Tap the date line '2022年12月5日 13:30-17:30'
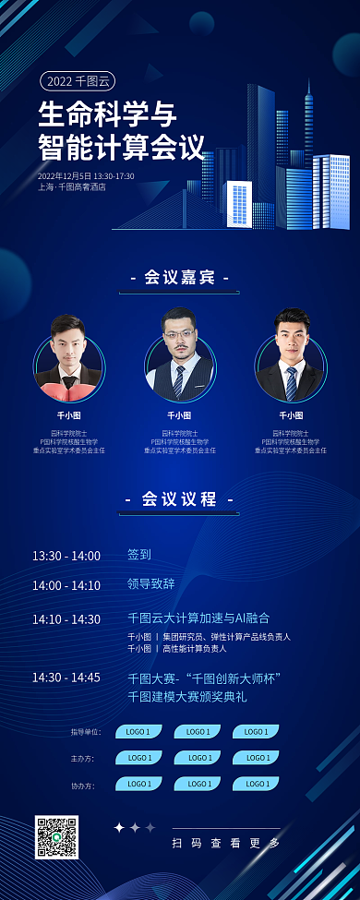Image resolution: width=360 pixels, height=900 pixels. point(86,175)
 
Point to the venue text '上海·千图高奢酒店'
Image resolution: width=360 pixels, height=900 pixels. point(72,187)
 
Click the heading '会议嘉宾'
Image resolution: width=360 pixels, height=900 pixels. point(179,276)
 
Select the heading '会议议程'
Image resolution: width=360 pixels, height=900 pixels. point(179,498)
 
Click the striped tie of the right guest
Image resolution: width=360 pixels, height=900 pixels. point(291,383)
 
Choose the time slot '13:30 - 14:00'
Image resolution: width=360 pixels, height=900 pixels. point(66,556)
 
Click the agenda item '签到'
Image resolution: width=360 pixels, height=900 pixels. point(139,555)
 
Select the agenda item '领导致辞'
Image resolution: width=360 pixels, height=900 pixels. point(150,584)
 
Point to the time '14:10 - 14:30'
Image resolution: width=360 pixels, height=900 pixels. point(66,619)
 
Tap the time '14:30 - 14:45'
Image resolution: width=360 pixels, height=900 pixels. point(66,678)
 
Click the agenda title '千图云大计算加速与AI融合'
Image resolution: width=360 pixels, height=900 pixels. point(198,618)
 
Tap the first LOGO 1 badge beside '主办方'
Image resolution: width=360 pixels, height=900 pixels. point(138,758)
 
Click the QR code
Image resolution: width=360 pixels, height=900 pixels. point(56,836)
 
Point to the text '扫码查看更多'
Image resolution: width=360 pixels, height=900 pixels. point(225,843)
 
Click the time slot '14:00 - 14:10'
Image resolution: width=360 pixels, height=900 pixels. point(66,585)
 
